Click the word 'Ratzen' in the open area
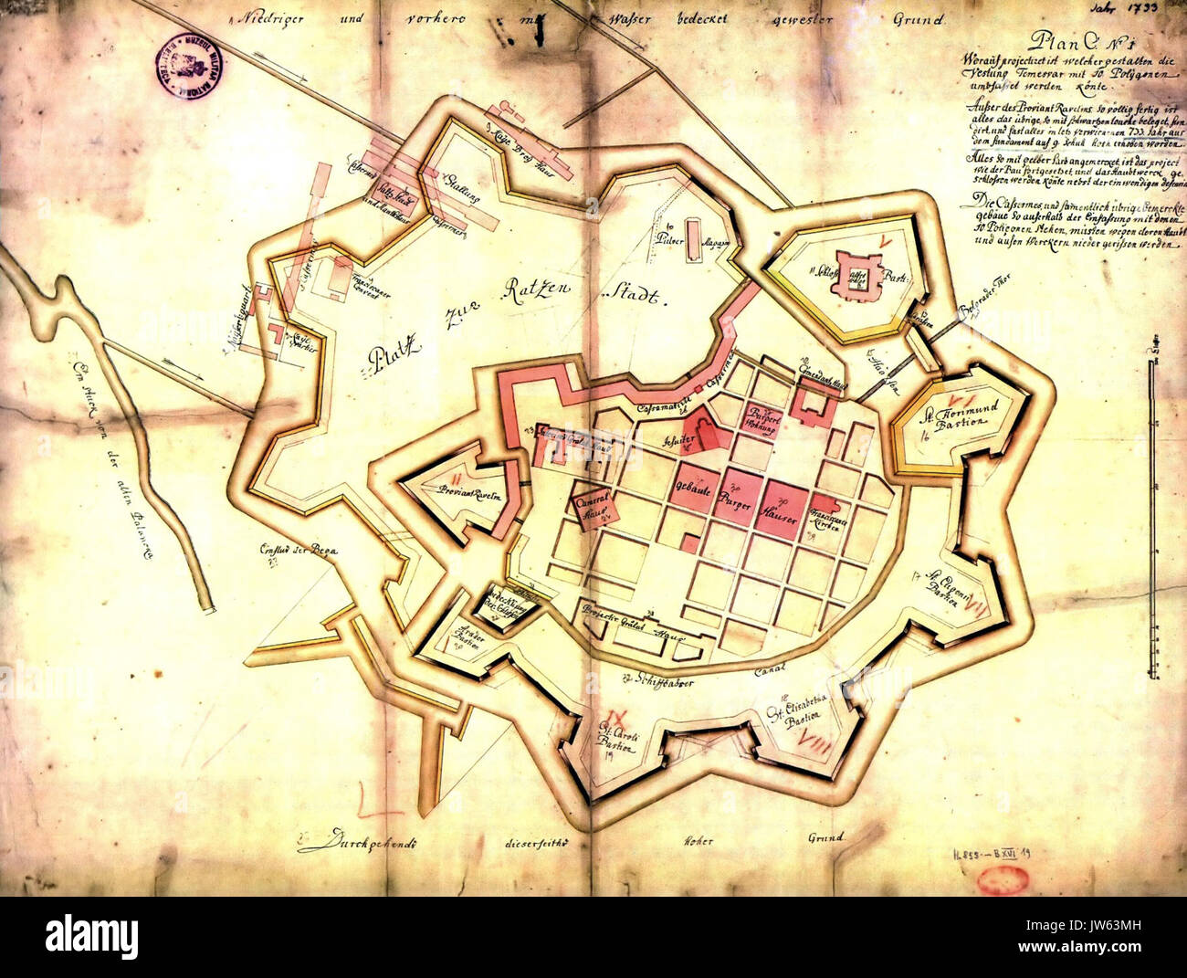click(538, 292)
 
